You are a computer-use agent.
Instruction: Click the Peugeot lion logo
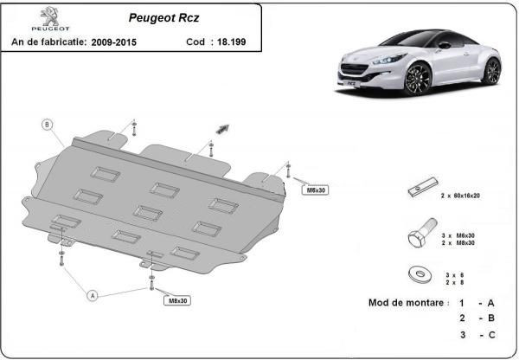(50, 16)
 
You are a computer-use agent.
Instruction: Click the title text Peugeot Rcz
(163, 17)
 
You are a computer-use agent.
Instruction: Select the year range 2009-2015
(114, 42)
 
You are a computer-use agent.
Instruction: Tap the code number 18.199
(231, 42)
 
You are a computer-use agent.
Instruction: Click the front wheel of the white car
(418, 79)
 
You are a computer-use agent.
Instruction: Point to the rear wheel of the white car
(491, 72)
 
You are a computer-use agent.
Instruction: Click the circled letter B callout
(47, 125)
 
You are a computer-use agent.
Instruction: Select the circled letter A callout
(93, 295)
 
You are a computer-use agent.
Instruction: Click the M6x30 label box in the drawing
(316, 190)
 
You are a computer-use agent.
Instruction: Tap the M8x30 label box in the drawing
(177, 300)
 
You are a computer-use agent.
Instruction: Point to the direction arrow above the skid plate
(222, 129)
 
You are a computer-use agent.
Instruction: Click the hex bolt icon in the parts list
(422, 233)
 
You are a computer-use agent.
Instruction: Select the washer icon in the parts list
(420, 274)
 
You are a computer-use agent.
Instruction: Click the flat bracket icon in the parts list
(423, 187)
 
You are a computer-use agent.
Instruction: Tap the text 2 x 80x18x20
(460, 196)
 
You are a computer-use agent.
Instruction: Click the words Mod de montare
(407, 303)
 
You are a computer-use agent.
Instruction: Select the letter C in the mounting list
(491, 335)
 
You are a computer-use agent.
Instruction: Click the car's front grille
(354, 69)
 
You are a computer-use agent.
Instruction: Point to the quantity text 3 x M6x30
(458, 235)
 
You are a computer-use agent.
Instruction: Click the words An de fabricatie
(49, 42)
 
